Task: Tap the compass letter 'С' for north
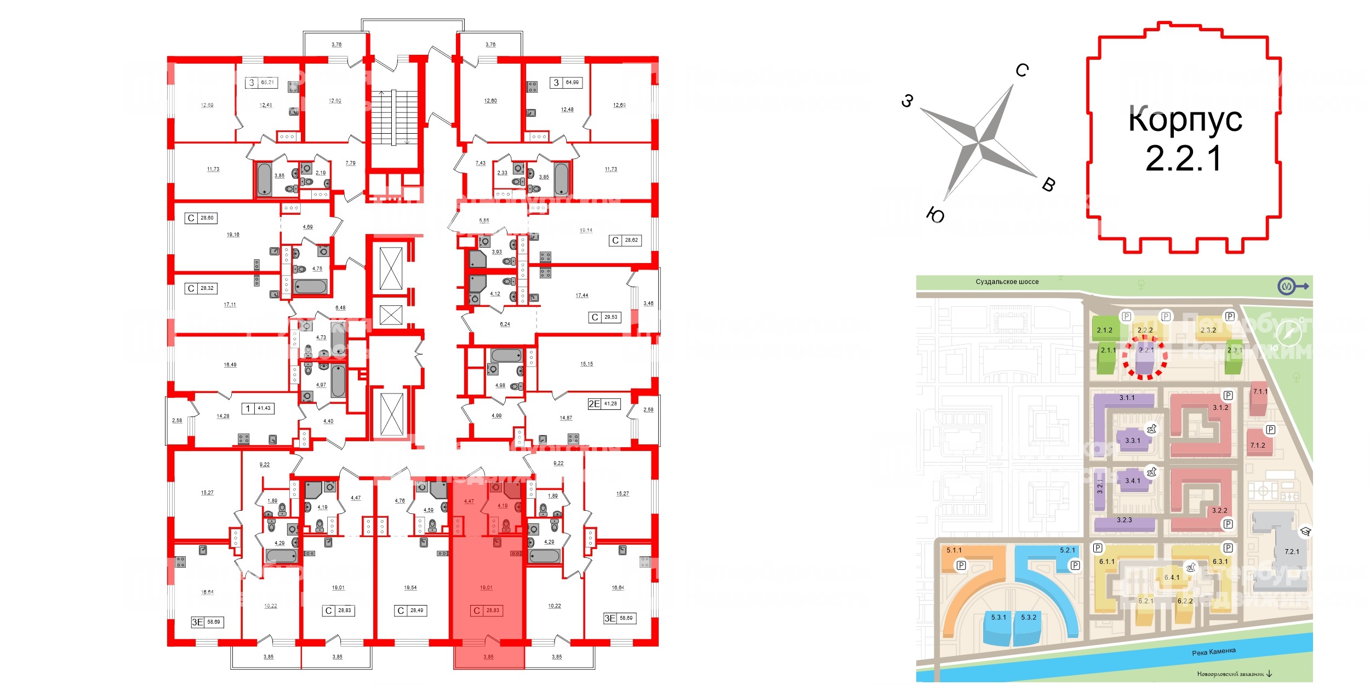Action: click(1022, 70)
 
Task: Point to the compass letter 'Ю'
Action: click(935, 215)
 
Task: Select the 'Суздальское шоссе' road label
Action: click(1007, 282)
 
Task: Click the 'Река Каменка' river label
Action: click(1214, 652)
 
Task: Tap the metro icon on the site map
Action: click(1286, 286)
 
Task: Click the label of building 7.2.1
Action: click(1292, 551)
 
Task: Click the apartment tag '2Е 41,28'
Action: click(603, 404)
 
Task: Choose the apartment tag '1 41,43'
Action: click(258, 408)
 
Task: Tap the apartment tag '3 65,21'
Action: click(261, 83)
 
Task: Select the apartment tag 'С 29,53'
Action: click(605, 317)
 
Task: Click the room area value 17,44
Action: click(581, 295)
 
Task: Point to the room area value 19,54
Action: click(410, 587)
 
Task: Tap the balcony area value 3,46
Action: click(648, 303)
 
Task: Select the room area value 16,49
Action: click(230, 364)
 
